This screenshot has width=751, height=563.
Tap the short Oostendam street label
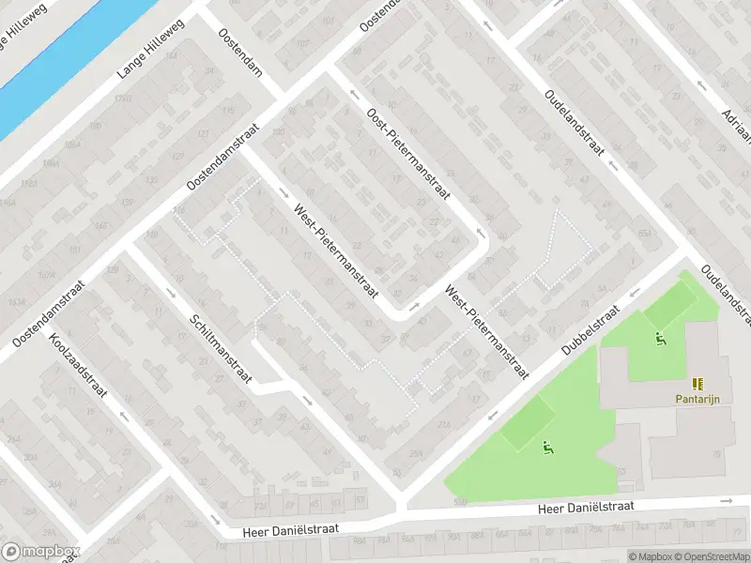238,52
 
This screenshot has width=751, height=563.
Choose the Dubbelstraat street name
592,328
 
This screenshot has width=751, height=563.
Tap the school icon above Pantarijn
697,383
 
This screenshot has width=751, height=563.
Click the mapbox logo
39,552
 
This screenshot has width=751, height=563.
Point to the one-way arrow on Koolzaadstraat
122,414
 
